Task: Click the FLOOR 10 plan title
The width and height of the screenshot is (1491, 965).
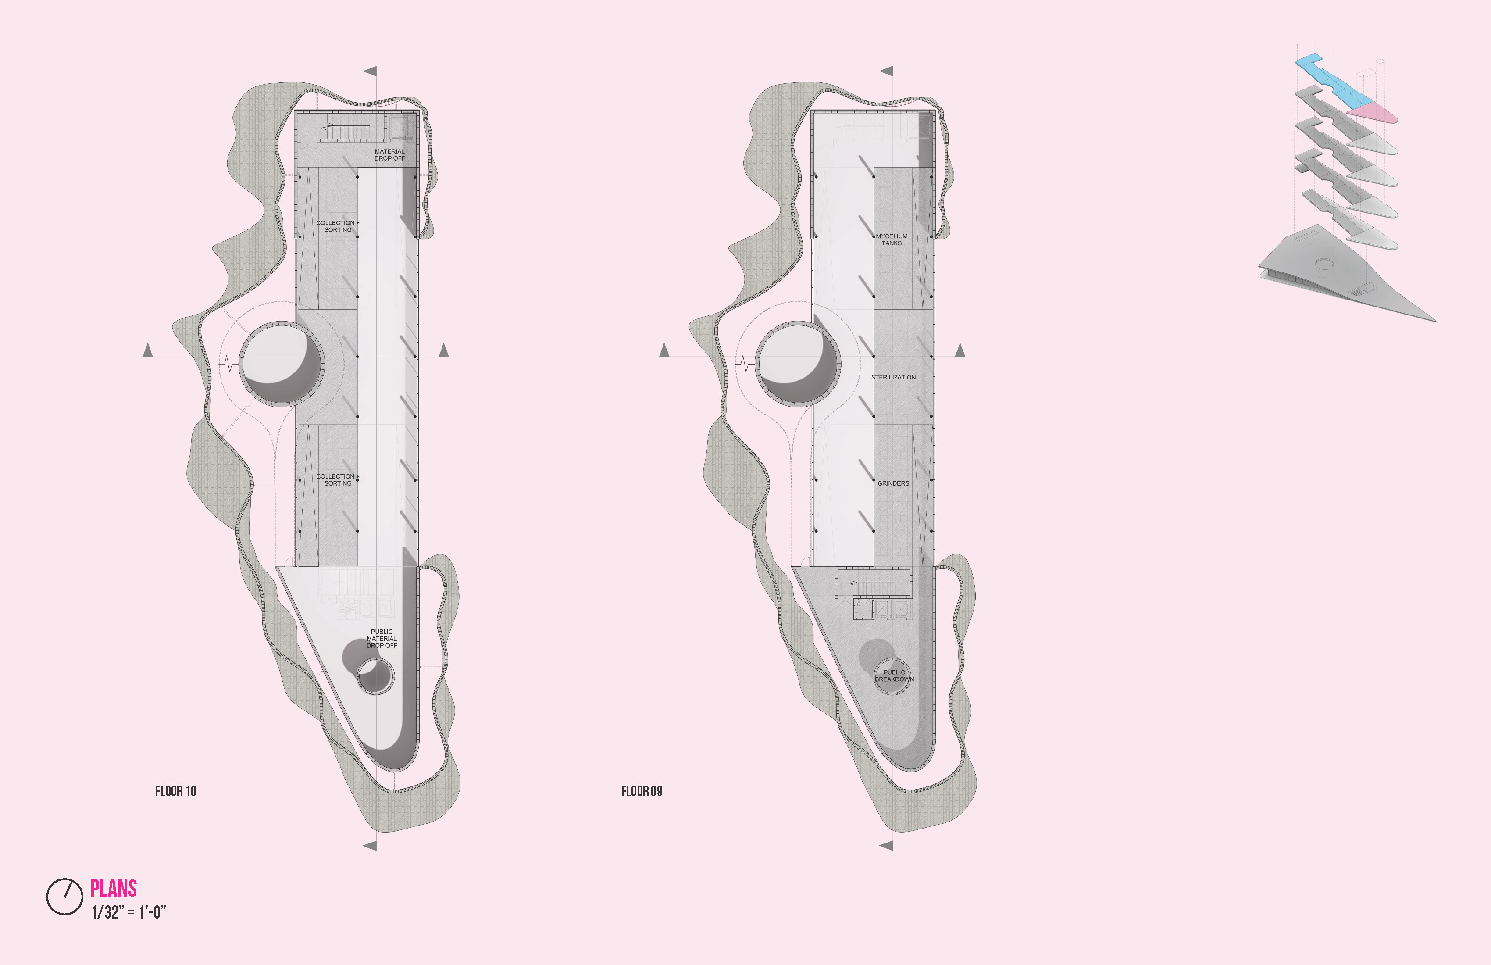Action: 175,791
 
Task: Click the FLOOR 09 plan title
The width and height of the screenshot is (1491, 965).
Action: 642,791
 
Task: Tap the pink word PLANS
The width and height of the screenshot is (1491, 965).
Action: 114,889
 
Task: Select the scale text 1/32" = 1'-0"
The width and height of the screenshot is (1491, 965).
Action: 128,912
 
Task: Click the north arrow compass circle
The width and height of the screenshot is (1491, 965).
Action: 64,896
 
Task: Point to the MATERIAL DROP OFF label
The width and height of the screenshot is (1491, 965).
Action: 390,155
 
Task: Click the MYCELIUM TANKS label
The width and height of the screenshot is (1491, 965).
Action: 892,239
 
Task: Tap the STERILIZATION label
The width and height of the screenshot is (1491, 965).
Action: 893,377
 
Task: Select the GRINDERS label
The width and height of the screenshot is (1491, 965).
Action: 893,483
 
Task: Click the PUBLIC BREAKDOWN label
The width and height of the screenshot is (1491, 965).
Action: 895,675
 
